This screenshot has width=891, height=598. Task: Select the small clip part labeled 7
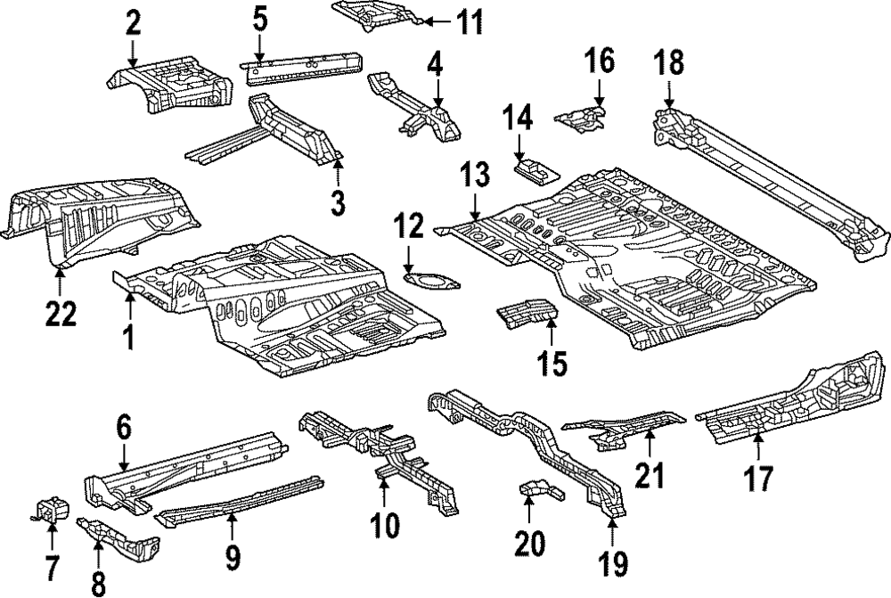[52, 510]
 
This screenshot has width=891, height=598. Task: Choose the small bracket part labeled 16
[581, 118]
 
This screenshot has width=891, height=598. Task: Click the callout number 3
[337, 202]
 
